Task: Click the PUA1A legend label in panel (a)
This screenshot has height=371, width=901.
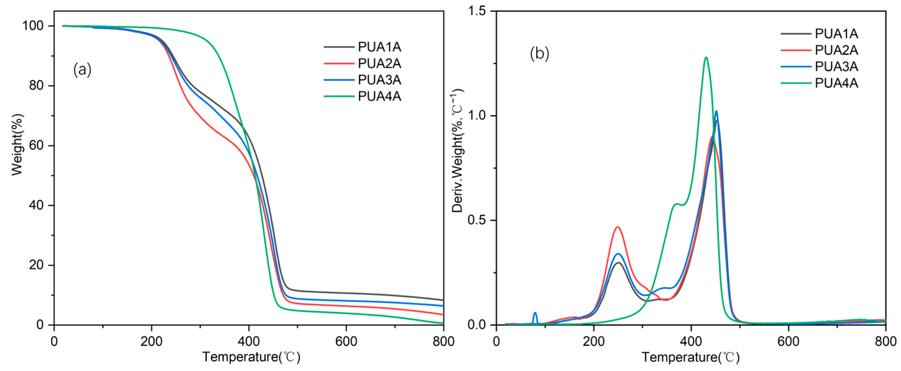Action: (379, 47)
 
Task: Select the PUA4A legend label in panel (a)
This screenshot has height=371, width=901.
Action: (379, 96)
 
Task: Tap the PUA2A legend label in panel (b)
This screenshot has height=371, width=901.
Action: (836, 50)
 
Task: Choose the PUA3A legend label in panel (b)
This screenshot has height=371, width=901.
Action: (836, 66)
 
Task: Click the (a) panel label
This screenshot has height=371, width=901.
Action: (82, 70)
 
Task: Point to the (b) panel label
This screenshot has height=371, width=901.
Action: (539, 54)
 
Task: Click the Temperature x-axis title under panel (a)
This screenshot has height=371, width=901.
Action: (251, 357)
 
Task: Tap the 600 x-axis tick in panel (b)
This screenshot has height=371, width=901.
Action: (788, 341)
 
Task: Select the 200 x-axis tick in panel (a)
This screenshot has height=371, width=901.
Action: (152, 341)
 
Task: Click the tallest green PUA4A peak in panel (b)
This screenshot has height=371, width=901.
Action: (706, 58)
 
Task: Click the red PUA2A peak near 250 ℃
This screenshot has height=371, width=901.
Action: (618, 227)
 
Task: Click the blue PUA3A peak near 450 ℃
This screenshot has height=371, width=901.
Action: (716, 111)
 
